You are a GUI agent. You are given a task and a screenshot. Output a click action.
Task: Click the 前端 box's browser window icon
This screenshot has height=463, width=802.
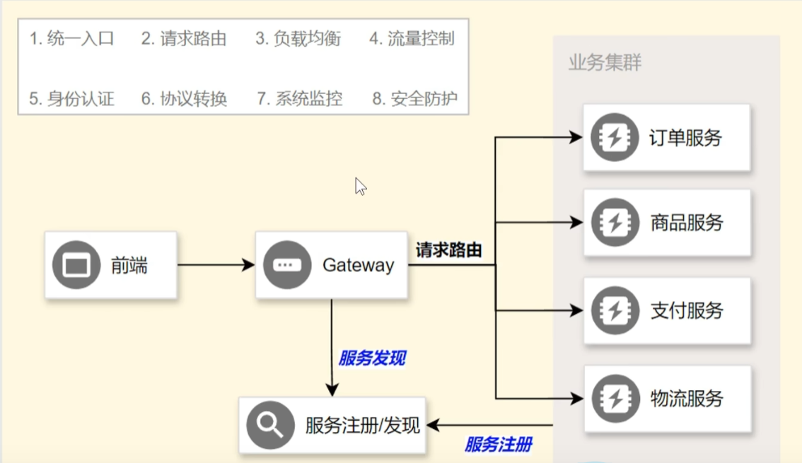(x=76, y=265)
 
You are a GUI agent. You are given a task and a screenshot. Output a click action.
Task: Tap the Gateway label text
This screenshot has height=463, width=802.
(x=358, y=265)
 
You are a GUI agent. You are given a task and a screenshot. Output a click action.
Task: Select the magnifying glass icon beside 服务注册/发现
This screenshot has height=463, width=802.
(x=270, y=425)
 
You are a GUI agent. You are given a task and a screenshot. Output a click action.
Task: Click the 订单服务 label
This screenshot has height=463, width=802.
(x=685, y=137)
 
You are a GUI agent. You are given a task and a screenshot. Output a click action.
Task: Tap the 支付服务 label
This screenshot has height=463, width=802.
(x=686, y=310)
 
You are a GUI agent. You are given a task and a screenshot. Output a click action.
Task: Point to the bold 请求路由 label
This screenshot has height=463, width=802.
(x=449, y=250)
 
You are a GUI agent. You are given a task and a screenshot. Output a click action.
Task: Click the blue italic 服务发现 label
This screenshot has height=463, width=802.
(x=372, y=358)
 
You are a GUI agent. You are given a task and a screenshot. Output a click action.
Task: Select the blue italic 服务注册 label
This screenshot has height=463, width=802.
(x=498, y=445)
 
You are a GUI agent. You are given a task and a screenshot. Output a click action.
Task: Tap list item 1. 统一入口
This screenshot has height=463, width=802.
(x=71, y=38)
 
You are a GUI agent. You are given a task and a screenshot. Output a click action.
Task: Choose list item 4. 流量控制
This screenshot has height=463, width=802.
(x=412, y=38)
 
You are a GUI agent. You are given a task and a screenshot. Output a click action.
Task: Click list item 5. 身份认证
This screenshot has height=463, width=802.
(x=71, y=98)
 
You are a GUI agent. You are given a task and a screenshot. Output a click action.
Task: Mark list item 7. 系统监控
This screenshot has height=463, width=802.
(x=300, y=98)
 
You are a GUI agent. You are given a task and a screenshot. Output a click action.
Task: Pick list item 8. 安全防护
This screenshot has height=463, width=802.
(x=415, y=98)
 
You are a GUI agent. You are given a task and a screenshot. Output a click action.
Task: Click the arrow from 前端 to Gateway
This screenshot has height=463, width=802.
(x=216, y=265)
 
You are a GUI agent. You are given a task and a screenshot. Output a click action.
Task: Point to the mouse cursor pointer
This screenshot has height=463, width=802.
(x=360, y=186)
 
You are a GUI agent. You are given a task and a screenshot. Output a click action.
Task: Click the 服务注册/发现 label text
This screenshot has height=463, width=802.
(x=363, y=425)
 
